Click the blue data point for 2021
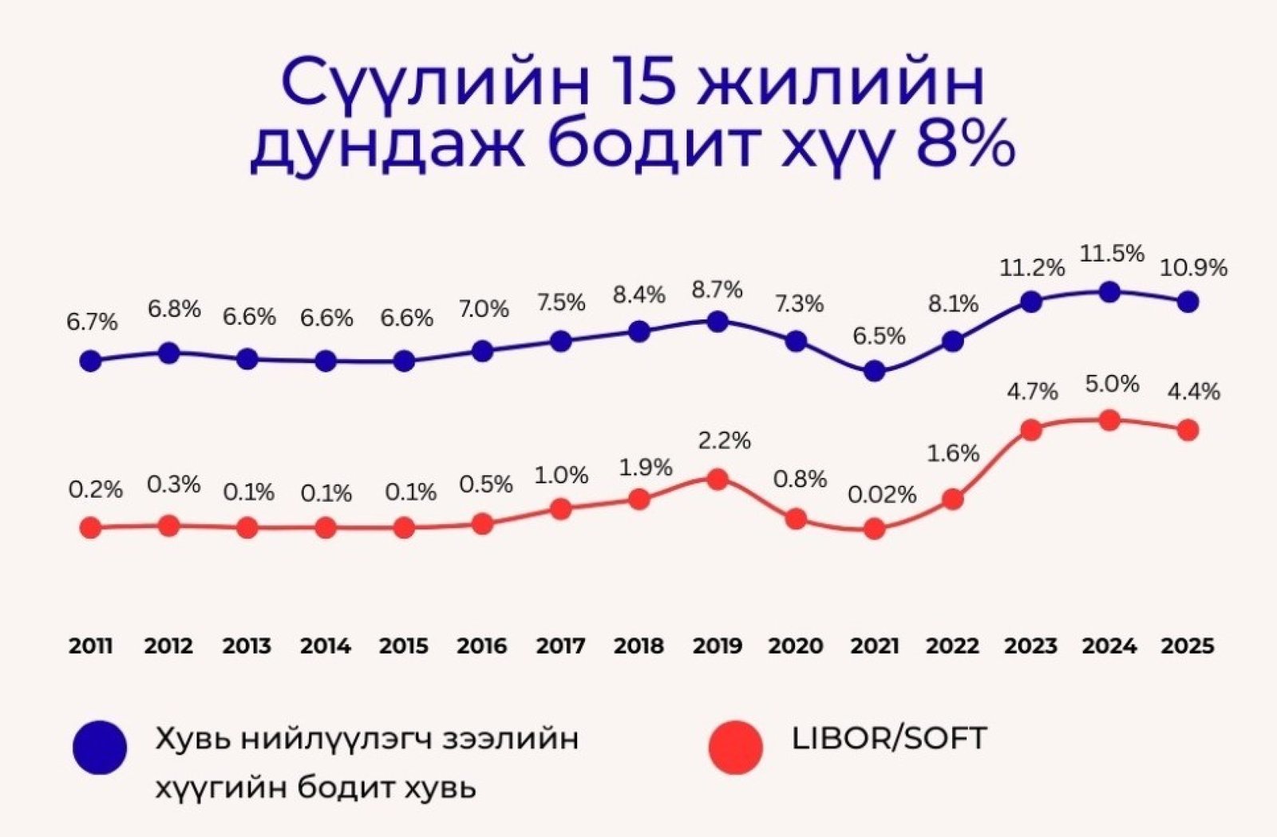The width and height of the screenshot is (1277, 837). [875, 371]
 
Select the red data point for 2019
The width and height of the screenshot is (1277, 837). [718, 479]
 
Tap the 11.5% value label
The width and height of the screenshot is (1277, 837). [1112, 255]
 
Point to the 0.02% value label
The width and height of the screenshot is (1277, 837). [881, 495]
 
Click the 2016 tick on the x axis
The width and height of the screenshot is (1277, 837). [481, 646]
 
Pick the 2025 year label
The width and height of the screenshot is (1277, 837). [1187, 646]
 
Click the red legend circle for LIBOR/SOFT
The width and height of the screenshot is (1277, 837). [736, 748]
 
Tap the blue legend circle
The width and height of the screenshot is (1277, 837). [100, 748]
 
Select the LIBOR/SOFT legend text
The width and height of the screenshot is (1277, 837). [889, 738]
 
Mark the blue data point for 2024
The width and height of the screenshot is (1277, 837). [1109, 292]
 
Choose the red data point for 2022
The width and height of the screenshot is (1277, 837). [952, 499]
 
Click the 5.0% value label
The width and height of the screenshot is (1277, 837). [1112, 385]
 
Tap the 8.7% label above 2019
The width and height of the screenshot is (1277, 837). [718, 290]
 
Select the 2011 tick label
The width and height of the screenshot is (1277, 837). [90, 646]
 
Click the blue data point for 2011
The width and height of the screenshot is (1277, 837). [91, 361]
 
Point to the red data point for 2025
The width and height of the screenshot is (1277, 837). [1188, 430]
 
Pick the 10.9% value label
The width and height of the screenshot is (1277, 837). [1194, 268]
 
